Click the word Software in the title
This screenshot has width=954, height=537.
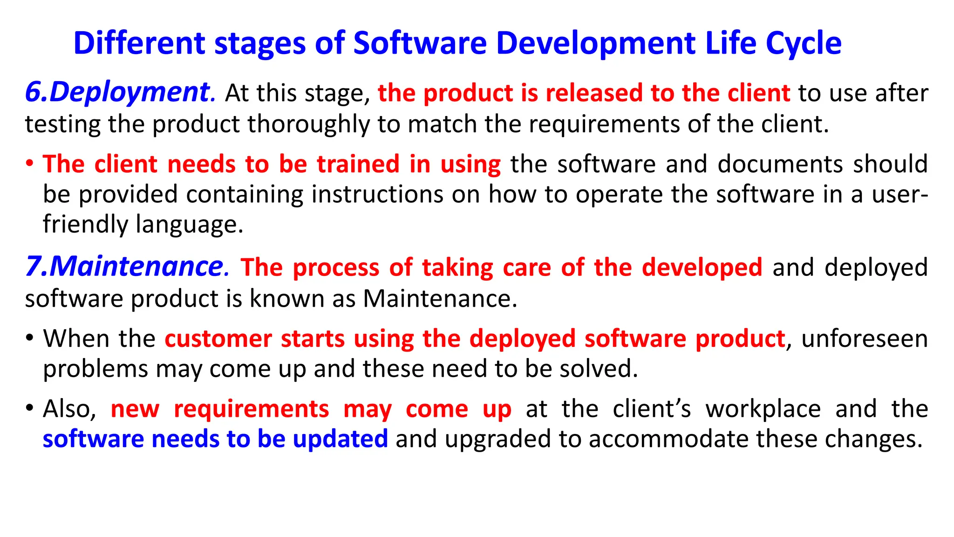click(x=420, y=43)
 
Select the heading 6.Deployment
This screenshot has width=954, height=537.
click(x=119, y=92)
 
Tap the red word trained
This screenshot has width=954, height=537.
click(x=358, y=164)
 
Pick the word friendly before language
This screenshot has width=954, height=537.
click(x=85, y=224)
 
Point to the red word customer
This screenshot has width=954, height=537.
click(x=218, y=338)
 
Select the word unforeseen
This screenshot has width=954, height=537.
click(x=865, y=338)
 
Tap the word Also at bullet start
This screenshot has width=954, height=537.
click(x=69, y=409)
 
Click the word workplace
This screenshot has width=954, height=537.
click(x=763, y=409)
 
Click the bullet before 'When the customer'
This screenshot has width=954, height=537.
click(x=29, y=337)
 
